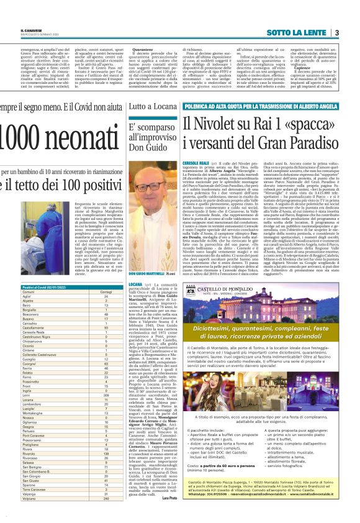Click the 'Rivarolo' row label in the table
click(x=27, y=450)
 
